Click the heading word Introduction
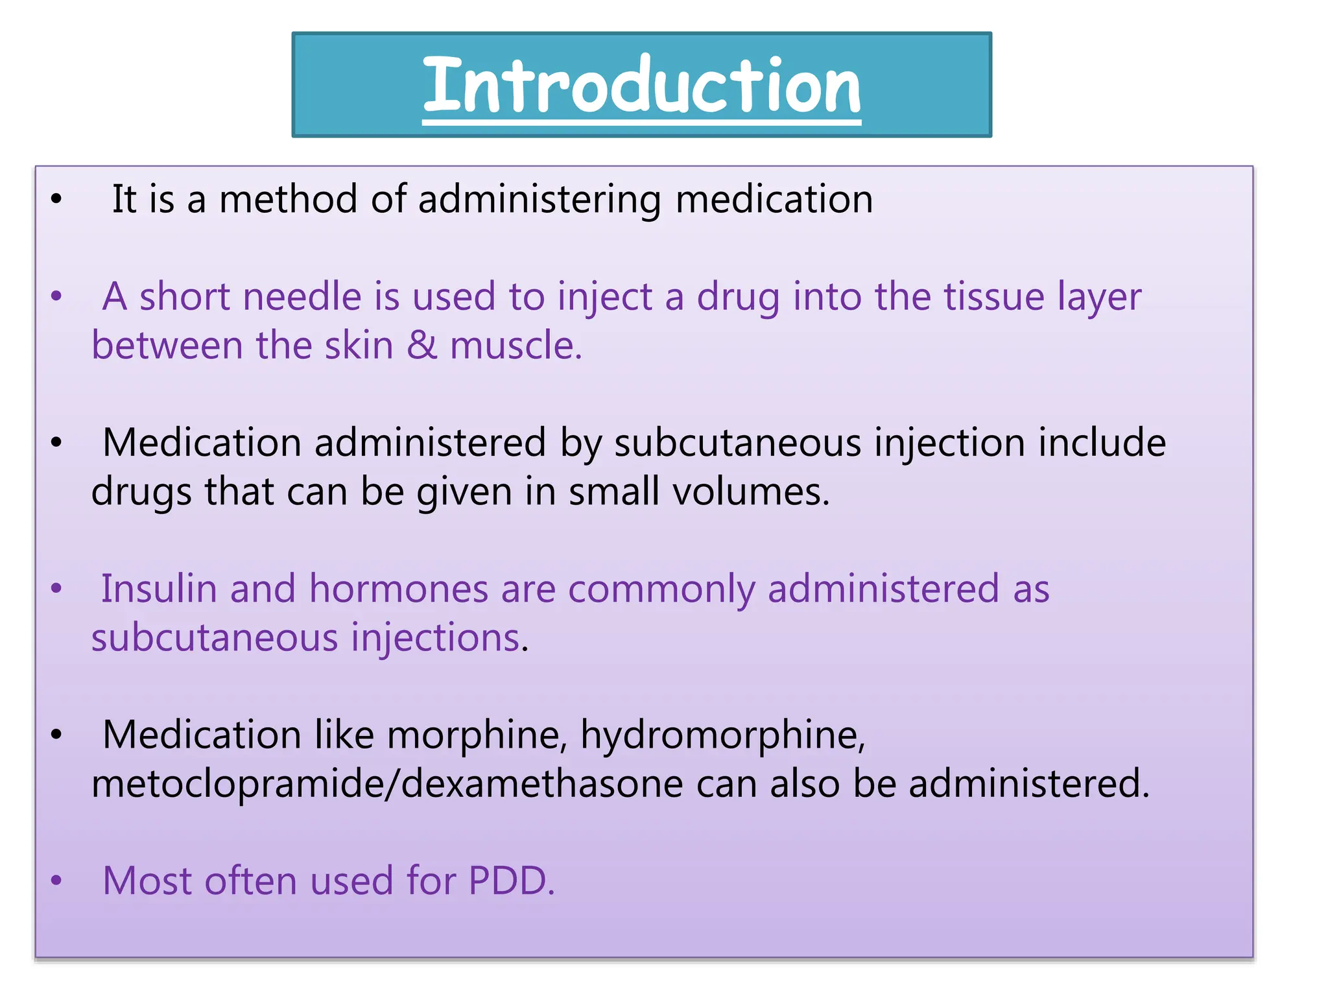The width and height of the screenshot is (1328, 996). pos(641,85)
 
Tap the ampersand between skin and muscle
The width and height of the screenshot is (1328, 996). pos(421,345)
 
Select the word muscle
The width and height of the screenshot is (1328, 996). pos(516,345)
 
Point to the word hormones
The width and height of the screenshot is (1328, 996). pos(398,589)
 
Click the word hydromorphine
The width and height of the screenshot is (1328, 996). pos(722,735)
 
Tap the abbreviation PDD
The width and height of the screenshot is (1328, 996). pos(510,881)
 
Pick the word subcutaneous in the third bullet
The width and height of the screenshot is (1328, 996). pos(737,443)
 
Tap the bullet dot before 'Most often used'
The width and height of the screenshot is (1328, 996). pos(56,881)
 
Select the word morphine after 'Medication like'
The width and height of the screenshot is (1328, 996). pos(477,735)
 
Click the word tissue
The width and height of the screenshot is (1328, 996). pos(993,297)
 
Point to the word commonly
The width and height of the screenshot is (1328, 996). pos(662,589)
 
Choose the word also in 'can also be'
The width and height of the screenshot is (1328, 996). pos(804,784)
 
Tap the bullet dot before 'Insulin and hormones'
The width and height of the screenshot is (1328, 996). pos(56,589)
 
